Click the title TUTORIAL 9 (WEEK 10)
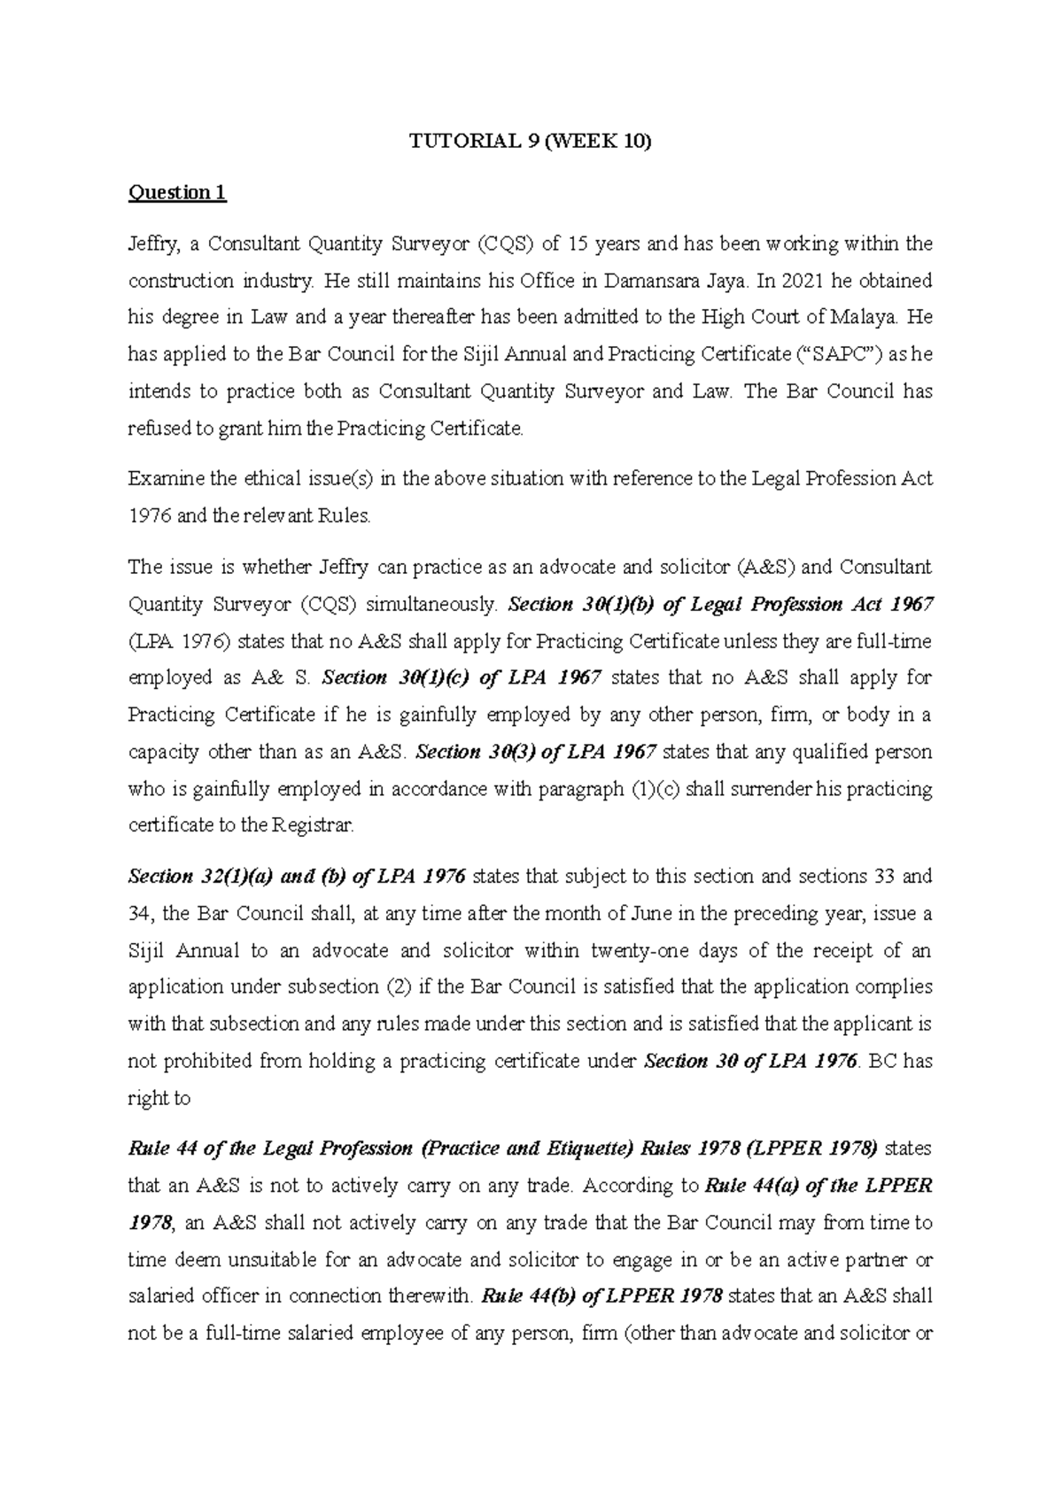(x=530, y=143)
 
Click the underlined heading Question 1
(x=177, y=193)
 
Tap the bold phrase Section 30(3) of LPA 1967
(x=535, y=753)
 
